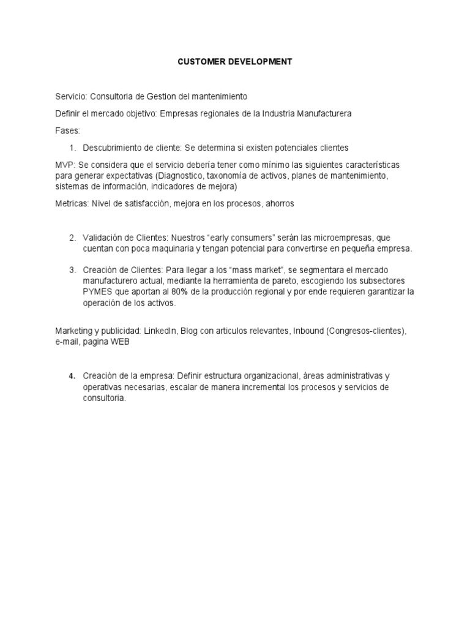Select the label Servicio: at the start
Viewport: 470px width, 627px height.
(x=72, y=96)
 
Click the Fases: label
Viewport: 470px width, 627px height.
(x=67, y=130)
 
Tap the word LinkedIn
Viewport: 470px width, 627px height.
(x=160, y=331)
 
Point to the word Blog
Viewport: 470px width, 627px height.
(x=189, y=331)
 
